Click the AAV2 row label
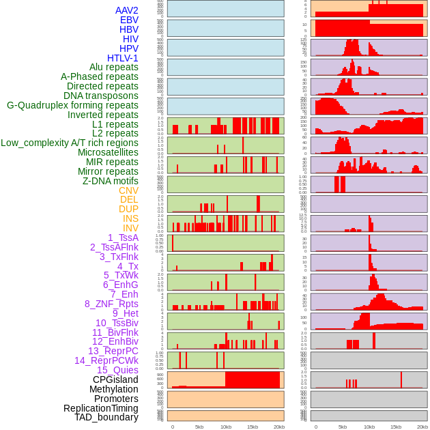pos(126,10)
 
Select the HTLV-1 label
pos(122,58)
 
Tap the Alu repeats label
pos(113,67)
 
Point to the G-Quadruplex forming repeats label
pos(72,105)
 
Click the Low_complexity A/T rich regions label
pos(70,143)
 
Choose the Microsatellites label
pos(108,152)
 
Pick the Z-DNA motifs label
pos(110,181)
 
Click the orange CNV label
pos(128,190)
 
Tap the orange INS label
pos(130,218)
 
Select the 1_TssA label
pos(123,238)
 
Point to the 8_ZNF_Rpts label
pos(111,304)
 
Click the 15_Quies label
pos(117,370)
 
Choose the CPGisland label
pos(115,379)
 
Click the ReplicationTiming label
pos(100,408)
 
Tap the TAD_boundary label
pos(106,417)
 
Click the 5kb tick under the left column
pos(199,427)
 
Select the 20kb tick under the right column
pos(422,427)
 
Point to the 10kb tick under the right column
pos(369,427)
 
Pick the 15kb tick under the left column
pos(253,427)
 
